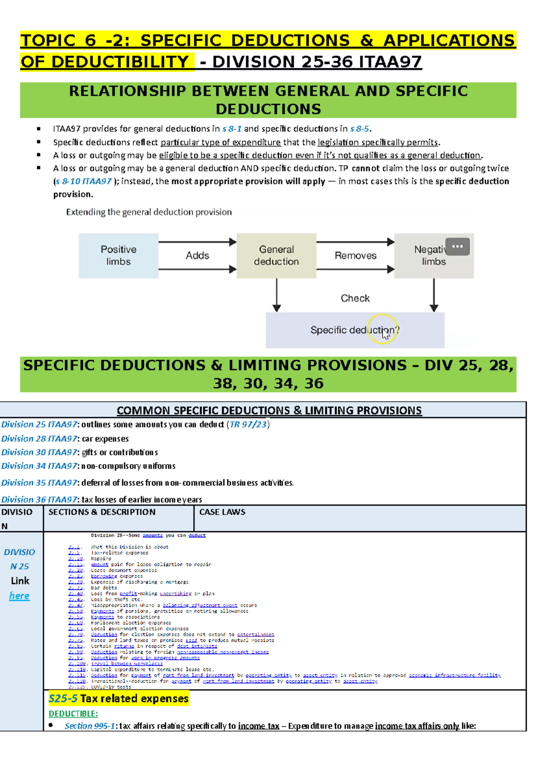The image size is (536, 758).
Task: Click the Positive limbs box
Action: pyautogui.click(x=118, y=255)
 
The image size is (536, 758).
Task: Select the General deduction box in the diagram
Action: pyautogui.click(x=276, y=255)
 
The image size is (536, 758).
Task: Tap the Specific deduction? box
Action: pyautogui.click(x=355, y=330)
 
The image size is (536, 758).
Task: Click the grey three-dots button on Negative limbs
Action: pyautogui.click(x=457, y=246)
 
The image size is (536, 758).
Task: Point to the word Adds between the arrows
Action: pyautogui.click(x=197, y=255)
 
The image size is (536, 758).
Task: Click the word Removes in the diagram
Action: pyautogui.click(x=356, y=255)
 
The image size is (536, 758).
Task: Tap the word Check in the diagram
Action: pyautogui.click(x=355, y=298)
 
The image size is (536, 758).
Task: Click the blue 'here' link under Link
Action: pyautogui.click(x=19, y=596)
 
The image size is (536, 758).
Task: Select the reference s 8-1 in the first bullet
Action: pyautogui.click(x=232, y=129)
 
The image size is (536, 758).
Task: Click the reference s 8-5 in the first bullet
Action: pyautogui.click(x=360, y=129)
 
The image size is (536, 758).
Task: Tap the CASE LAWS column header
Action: pyautogui.click(x=222, y=512)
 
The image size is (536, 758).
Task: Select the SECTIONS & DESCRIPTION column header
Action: pyautogui.click(x=102, y=512)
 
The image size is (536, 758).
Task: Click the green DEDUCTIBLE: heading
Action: pyautogui.click(x=73, y=714)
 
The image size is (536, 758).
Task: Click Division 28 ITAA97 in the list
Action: pyautogui.click(x=39, y=439)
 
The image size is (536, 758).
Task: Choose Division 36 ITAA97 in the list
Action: pyautogui.click(x=39, y=500)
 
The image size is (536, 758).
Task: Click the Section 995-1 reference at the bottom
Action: pyautogui.click(x=90, y=726)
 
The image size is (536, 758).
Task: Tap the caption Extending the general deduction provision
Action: pyautogui.click(x=149, y=212)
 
